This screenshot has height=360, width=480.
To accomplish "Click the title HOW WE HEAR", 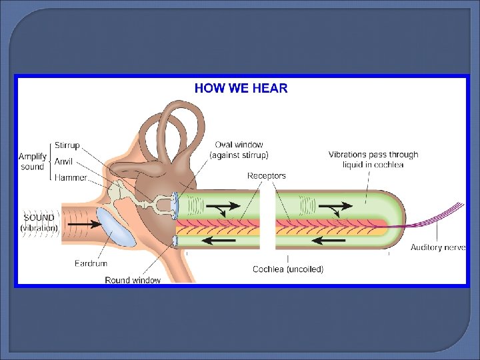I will (241, 88).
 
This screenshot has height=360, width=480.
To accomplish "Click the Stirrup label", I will (67, 145).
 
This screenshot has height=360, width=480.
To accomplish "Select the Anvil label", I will (63, 161).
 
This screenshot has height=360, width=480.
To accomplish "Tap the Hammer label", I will (70, 178).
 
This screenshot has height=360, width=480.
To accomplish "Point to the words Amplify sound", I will (32, 161).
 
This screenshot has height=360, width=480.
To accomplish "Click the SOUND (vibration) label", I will (39, 223).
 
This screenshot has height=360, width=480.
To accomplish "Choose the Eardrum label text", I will (91, 264).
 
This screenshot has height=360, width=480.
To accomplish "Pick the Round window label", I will (133, 280).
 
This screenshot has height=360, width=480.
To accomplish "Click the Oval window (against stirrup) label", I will (239, 150).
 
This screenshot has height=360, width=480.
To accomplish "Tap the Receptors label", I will (267, 176).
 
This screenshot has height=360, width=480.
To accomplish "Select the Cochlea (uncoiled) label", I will (288, 269).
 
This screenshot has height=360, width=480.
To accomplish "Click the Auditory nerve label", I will (437, 248).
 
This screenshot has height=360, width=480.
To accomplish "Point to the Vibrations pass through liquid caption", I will (373, 159).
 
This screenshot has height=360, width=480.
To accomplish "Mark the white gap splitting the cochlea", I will (267, 220).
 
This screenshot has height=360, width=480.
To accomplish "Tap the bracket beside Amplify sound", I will (51, 161).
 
